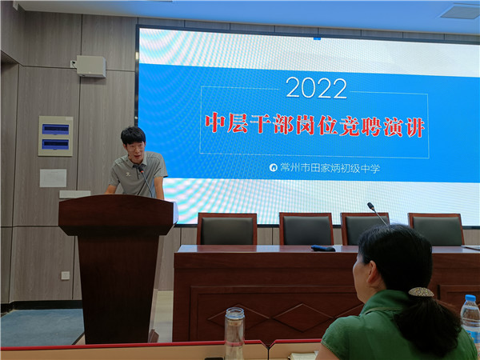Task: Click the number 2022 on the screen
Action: (316, 88)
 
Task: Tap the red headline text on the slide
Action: (314, 126)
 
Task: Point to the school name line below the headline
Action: (330, 168)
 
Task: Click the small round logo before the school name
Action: (273, 167)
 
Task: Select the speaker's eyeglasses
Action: (136, 147)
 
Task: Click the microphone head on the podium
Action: (141, 169)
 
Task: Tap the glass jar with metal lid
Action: (234, 333)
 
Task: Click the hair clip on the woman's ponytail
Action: (421, 292)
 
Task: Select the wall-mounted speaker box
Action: (91, 66)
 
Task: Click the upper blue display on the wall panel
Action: (55, 130)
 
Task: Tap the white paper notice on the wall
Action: (53, 178)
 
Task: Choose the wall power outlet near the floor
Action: (66, 275)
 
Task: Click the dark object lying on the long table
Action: (323, 248)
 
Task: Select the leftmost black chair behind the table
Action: (227, 229)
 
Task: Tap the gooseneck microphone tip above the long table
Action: (370, 206)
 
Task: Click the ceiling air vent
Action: (461, 12)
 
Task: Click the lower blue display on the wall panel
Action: (55, 144)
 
